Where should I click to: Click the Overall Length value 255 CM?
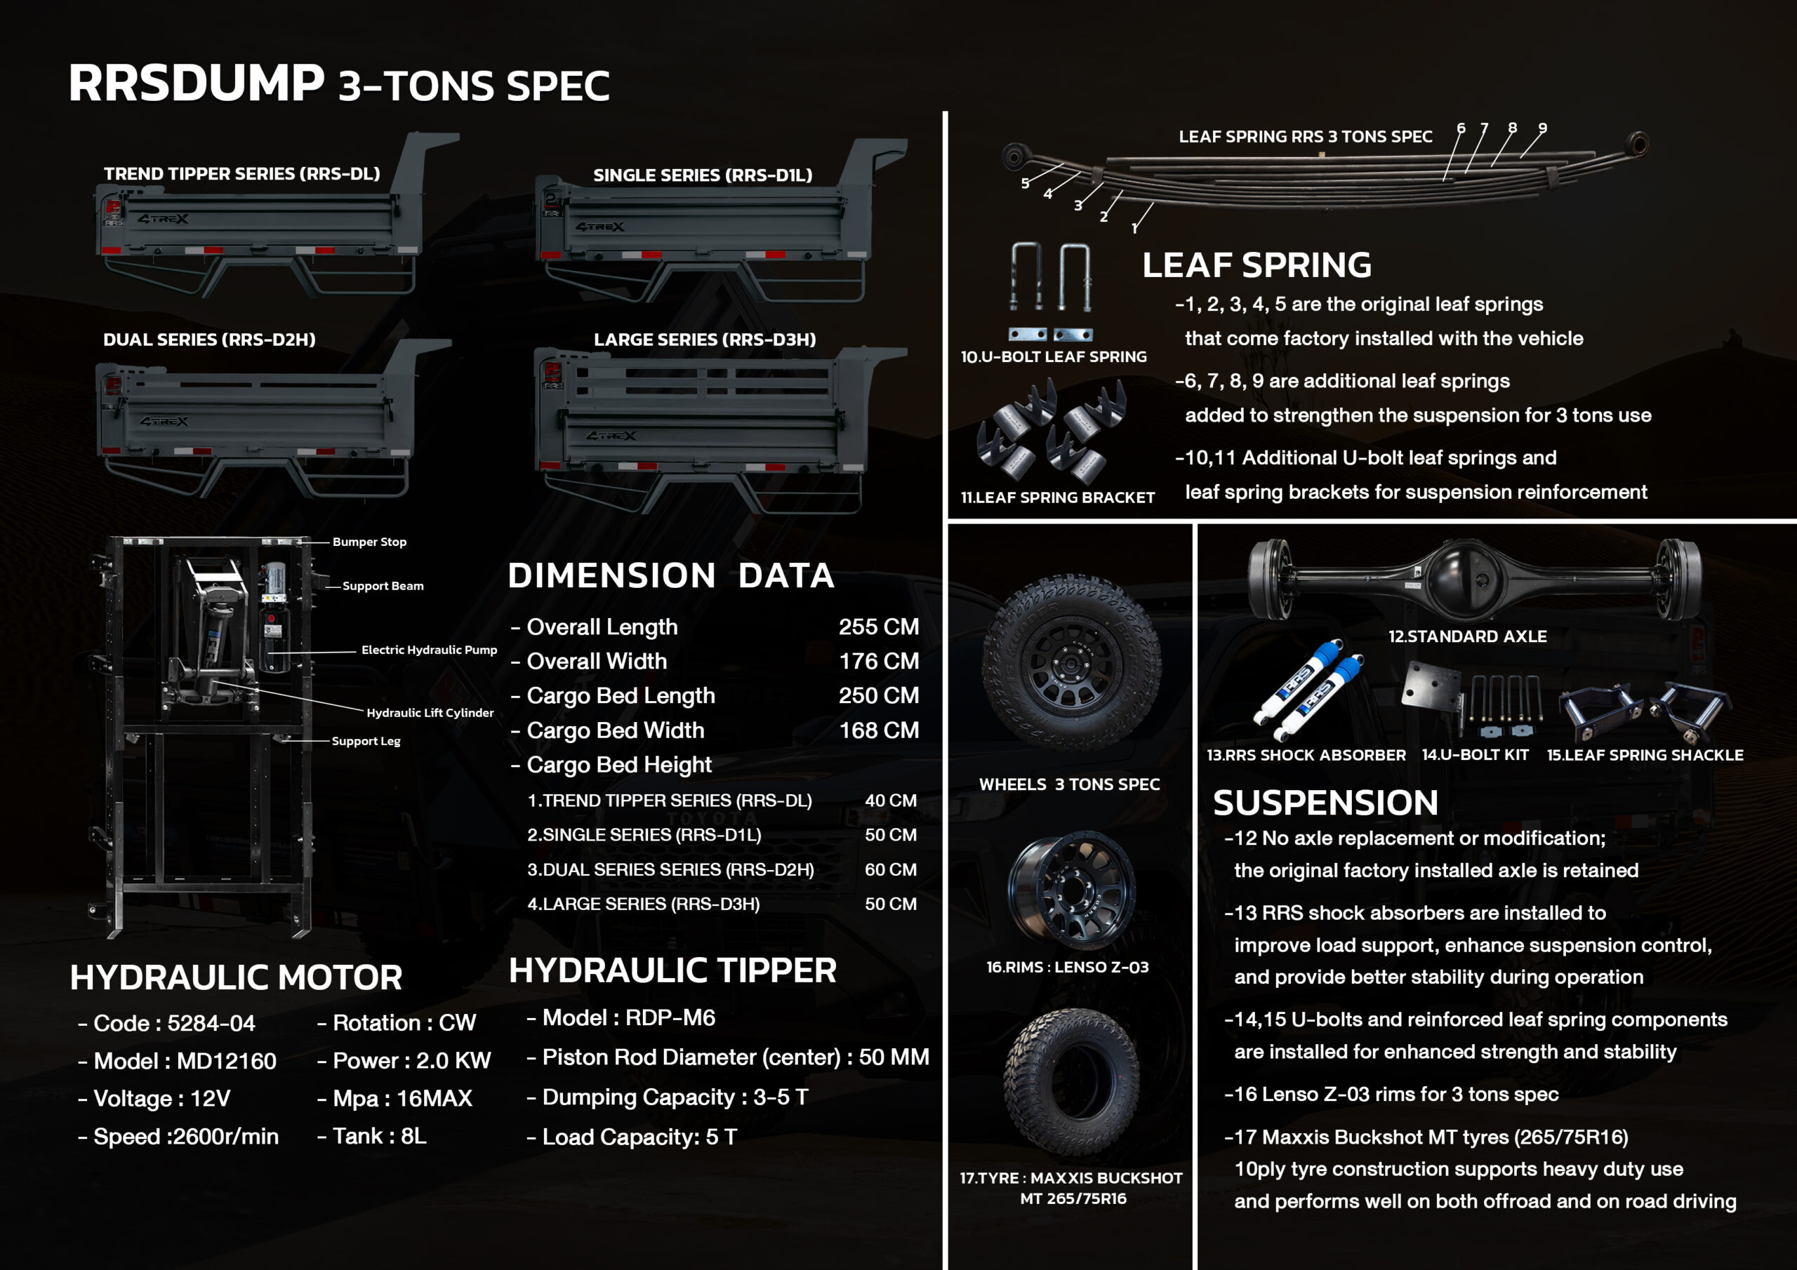tap(878, 627)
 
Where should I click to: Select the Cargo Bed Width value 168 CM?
tap(878, 730)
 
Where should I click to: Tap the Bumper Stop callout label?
tap(369, 542)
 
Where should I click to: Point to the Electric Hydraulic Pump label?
tap(429, 650)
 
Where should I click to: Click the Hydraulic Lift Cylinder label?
tap(430, 713)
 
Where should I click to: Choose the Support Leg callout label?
tap(366, 741)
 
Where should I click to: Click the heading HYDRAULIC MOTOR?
tap(236, 977)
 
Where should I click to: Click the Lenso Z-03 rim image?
tap(1070, 890)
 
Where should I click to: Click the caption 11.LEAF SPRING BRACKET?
tap(1057, 497)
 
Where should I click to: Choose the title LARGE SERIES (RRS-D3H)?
tap(704, 340)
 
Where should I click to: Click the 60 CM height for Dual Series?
tap(890, 869)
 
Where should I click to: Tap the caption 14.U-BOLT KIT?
tap(1475, 755)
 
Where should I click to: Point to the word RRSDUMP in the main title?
tap(196, 82)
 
